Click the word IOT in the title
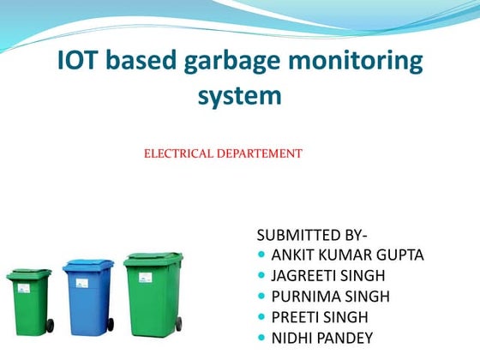(x=81, y=62)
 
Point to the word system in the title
(x=240, y=95)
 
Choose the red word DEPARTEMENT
(x=259, y=154)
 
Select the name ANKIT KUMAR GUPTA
(x=347, y=255)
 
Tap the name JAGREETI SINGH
(x=328, y=275)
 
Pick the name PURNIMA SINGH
(x=330, y=297)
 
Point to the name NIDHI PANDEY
(x=322, y=338)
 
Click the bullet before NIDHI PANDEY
(x=261, y=338)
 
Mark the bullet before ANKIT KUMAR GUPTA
(x=261, y=255)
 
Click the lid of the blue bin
(x=87, y=266)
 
